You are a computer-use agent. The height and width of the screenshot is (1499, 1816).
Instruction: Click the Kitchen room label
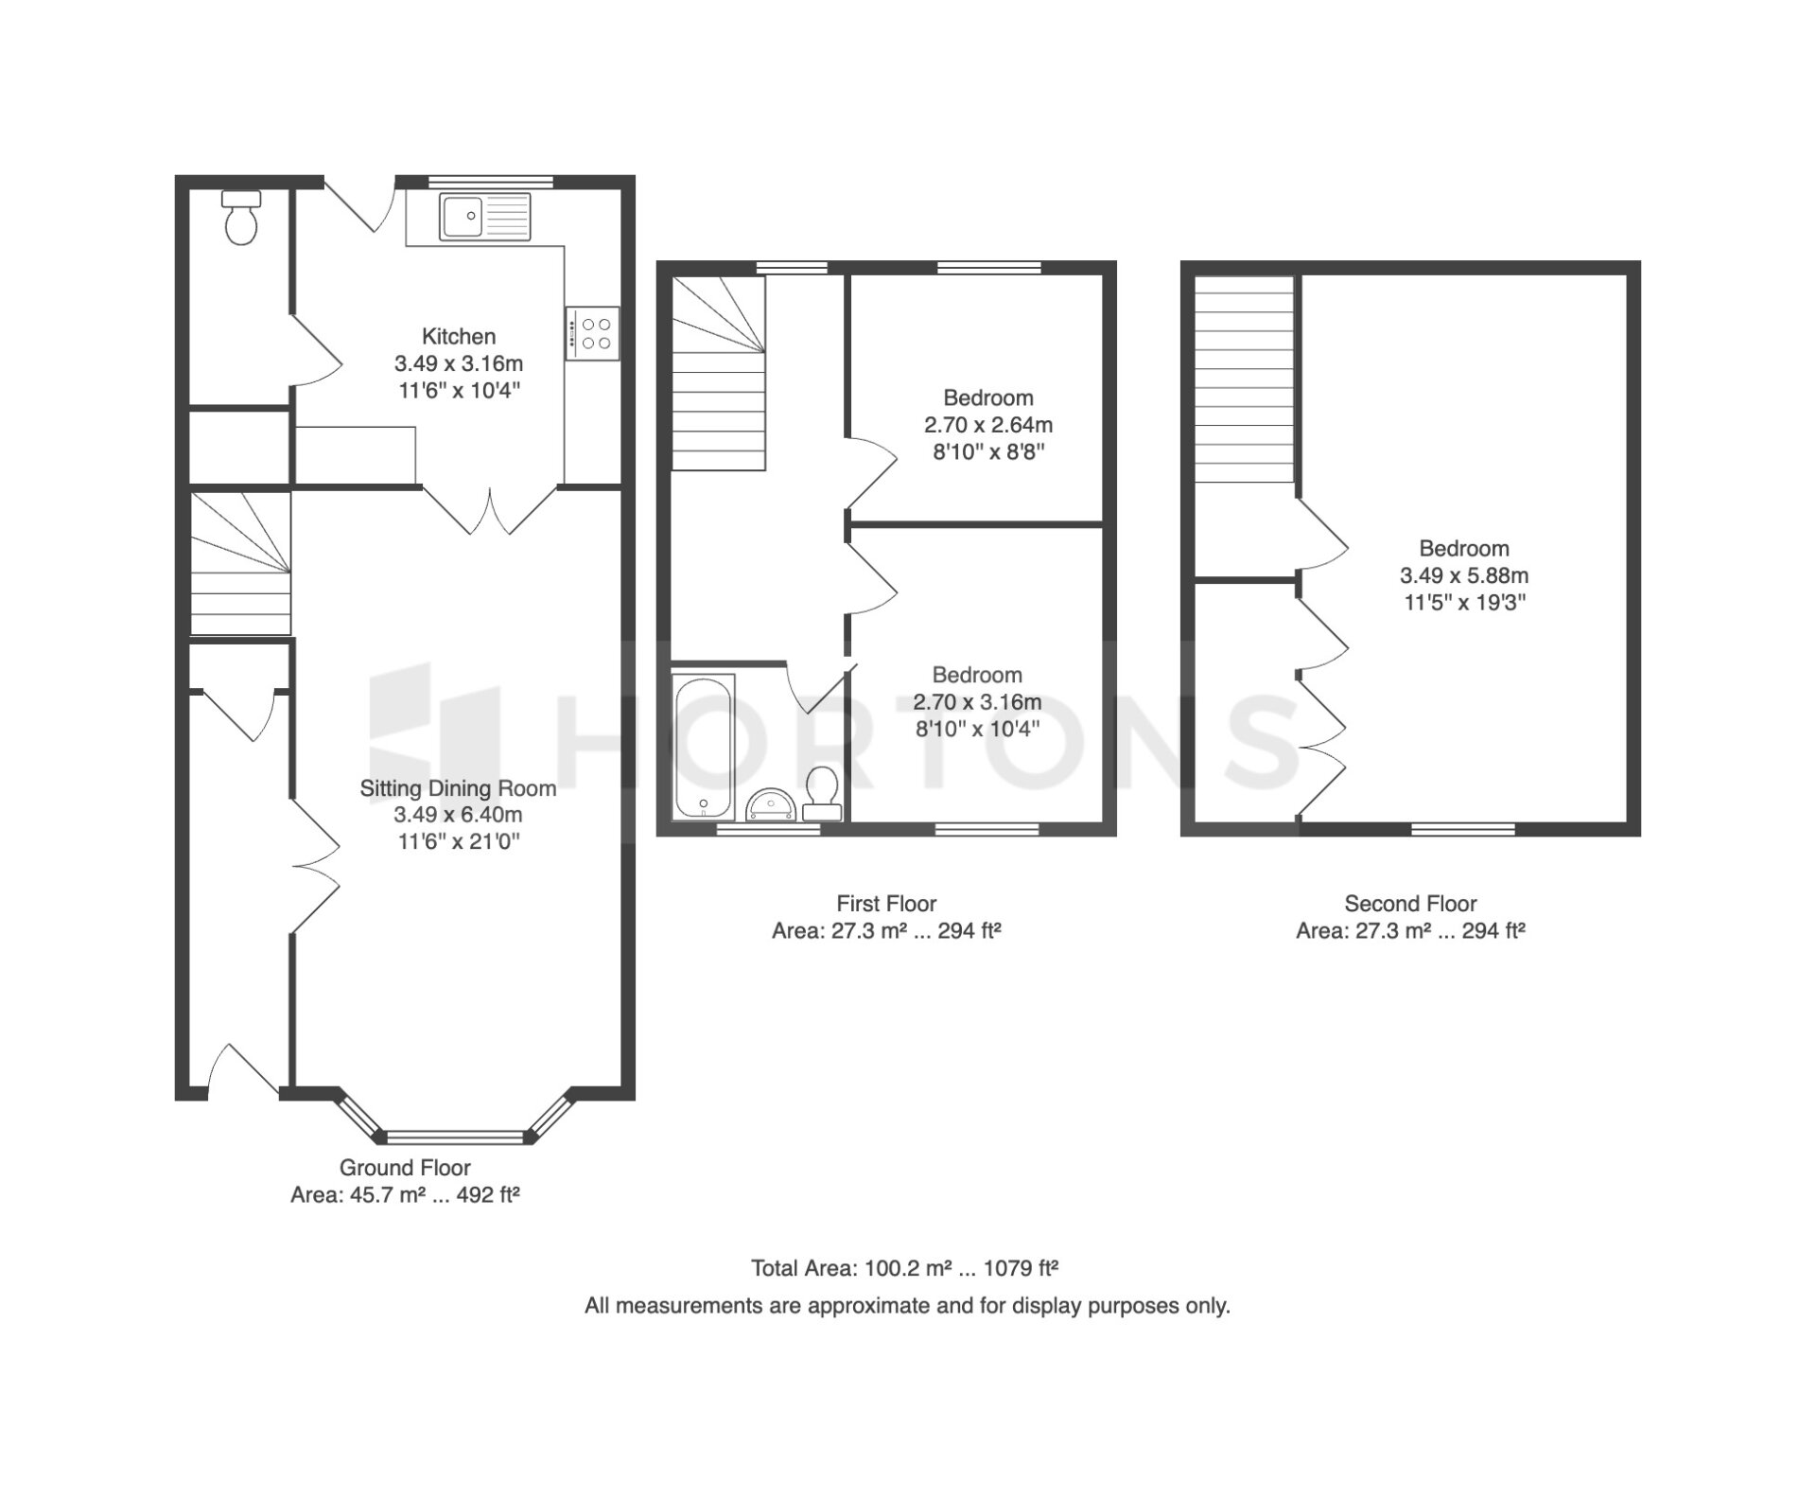(459, 336)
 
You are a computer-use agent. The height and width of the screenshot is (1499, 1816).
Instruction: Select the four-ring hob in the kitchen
(593, 333)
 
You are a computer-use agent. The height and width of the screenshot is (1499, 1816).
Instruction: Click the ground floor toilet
(241, 218)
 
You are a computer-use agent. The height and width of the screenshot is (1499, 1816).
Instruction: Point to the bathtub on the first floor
(703, 747)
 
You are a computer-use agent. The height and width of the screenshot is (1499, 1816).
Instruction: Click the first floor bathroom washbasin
(772, 804)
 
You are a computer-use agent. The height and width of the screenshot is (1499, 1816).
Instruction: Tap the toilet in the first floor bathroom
(822, 793)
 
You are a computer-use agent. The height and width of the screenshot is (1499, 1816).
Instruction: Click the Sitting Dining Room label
(458, 788)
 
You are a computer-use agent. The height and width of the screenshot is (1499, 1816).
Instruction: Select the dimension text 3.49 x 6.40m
(459, 815)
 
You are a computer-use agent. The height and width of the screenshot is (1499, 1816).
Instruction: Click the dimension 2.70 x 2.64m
(988, 425)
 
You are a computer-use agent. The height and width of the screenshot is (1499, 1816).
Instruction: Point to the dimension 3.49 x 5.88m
(1464, 575)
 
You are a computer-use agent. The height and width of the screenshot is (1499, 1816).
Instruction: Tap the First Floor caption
(886, 904)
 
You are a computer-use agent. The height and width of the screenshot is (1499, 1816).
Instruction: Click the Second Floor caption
(1410, 904)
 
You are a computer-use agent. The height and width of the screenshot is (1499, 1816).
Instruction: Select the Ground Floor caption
(405, 1168)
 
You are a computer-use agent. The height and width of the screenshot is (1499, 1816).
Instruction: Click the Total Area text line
(905, 1268)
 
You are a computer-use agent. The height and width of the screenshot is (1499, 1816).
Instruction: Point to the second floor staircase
(1244, 379)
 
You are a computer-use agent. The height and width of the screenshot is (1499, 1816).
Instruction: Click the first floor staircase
(718, 373)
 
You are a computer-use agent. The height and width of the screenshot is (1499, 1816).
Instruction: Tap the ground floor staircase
(240, 563)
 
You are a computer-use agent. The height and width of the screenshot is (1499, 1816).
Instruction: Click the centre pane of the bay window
(455, 1137)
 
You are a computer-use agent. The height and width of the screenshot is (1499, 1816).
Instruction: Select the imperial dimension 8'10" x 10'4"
(977, 729)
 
